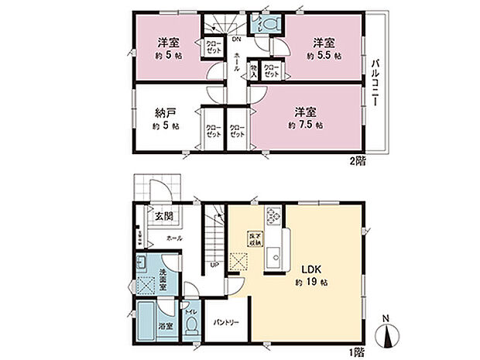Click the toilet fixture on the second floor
268,24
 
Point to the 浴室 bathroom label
164,326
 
